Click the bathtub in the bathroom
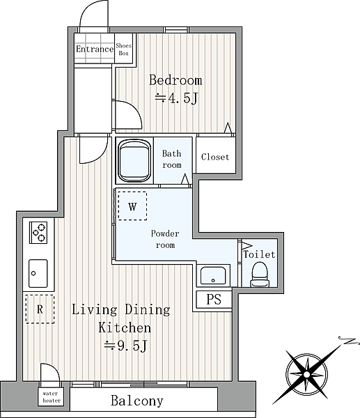134,161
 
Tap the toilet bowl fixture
260,274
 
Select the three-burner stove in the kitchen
38,233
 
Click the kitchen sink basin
38,273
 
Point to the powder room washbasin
213,276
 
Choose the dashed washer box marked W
132,206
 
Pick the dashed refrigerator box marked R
40,309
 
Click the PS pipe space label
214,299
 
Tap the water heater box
51,397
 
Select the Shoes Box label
124,49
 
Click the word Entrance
95,49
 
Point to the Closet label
215,157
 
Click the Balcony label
137,401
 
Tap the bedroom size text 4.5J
176,98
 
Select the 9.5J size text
125,346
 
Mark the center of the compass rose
307,375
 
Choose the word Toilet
259,254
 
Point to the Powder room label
165,239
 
